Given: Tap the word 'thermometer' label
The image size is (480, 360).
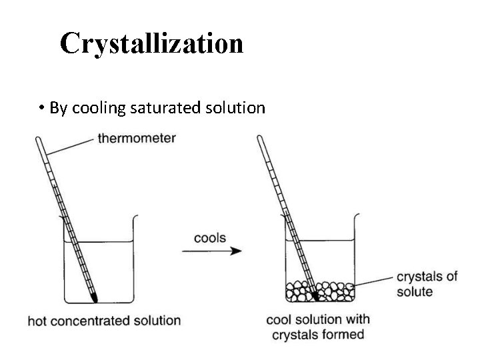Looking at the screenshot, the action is click(137, 139).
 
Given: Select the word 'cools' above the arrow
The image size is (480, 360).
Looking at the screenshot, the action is click(209, 238).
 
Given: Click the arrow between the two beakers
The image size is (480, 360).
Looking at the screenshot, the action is click(211, 251).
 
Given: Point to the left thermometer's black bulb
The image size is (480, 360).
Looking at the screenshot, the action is click(93, 293).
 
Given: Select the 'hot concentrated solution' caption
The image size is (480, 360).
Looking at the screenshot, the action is click(104, 321).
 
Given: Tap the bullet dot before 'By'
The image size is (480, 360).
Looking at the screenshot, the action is click(41, 108).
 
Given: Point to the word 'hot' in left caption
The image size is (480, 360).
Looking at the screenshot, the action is click(38, 321).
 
